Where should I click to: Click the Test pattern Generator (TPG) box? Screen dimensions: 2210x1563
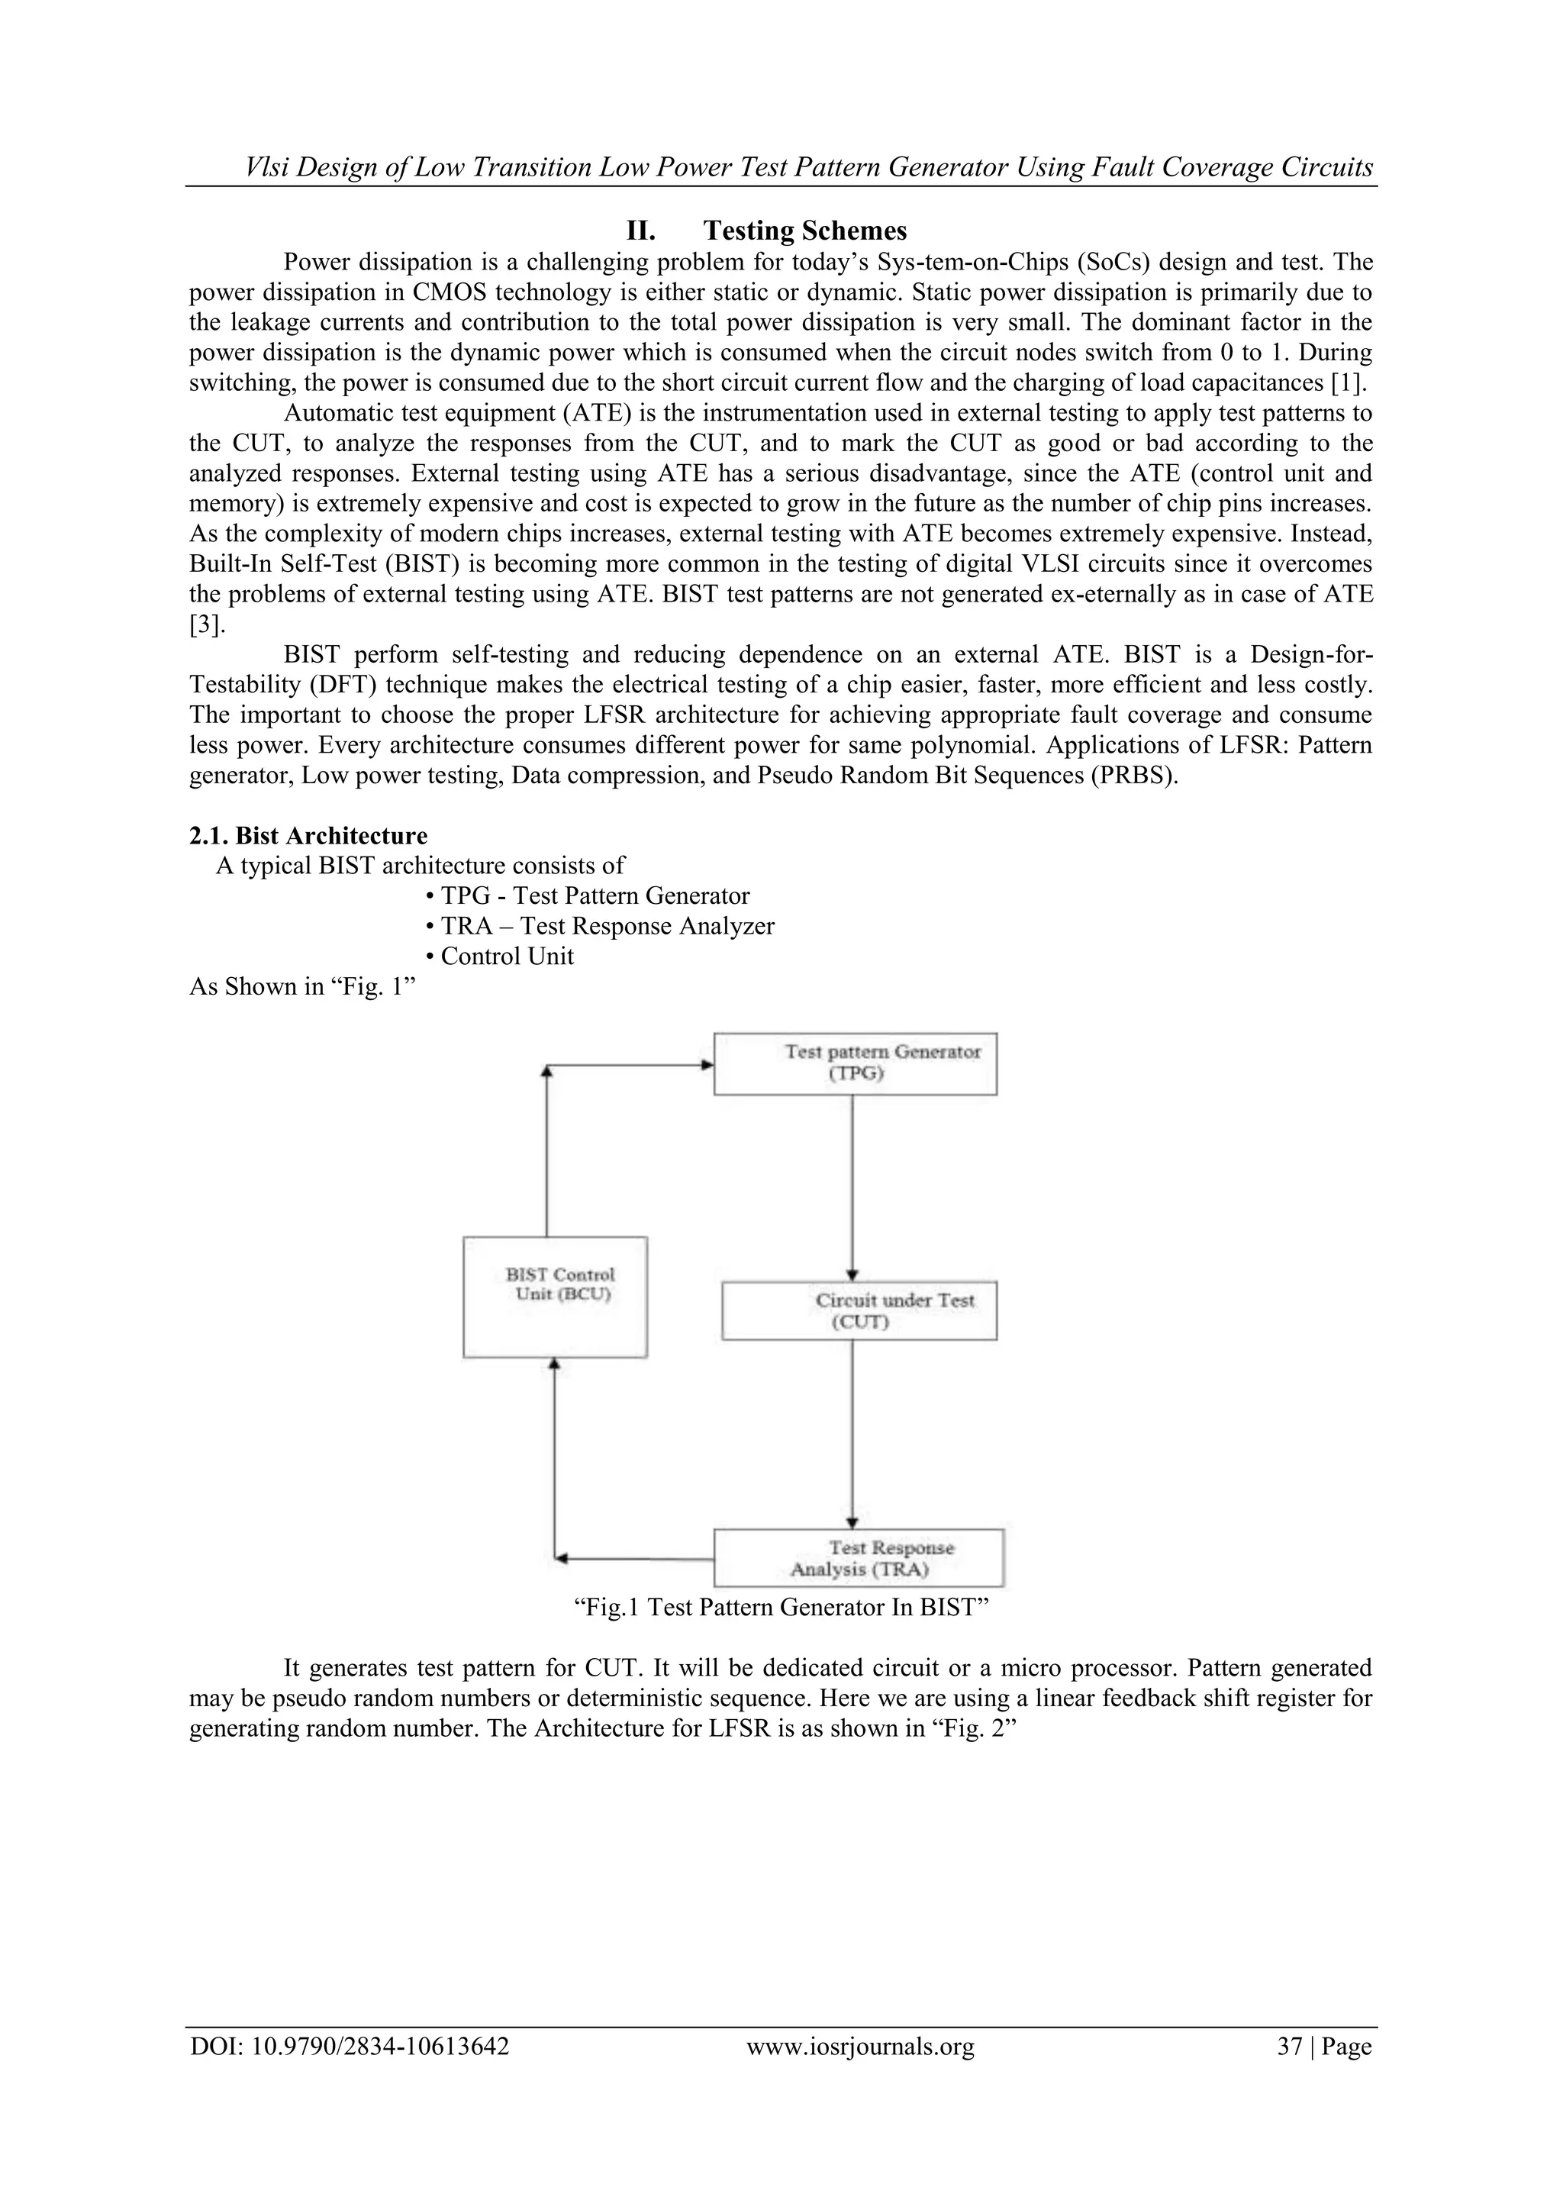855,1063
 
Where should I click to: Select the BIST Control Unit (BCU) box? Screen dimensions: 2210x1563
556,1296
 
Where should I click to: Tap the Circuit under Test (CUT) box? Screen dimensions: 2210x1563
859,1310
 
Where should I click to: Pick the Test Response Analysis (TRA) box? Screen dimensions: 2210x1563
859,1557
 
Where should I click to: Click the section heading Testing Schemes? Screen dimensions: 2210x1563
804,231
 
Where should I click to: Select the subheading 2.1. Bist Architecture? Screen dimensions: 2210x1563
308,834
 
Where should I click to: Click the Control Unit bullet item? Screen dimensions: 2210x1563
501,956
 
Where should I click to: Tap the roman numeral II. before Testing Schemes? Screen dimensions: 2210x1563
641,231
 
